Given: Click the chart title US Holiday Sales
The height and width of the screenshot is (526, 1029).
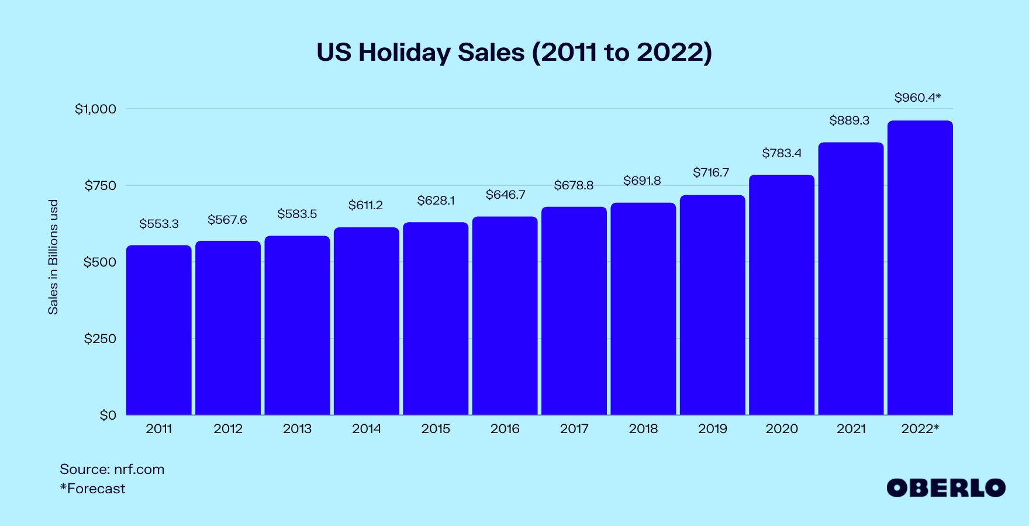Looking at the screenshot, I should click(514, 53).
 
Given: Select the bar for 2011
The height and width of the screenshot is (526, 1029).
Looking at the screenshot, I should click(159, 330).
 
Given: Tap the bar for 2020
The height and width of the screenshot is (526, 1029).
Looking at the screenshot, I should click(782, 295).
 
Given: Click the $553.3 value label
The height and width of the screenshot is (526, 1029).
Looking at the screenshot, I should click(159, 224).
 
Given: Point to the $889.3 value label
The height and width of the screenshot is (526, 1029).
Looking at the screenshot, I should click(849, 120).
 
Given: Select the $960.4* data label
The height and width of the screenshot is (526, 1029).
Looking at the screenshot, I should click(917, 98).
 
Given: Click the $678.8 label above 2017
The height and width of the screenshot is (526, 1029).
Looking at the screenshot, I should click(574, 185).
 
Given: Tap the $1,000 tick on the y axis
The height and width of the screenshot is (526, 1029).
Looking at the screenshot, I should click(96, 109).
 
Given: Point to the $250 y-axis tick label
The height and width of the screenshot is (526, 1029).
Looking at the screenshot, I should click(100, 338).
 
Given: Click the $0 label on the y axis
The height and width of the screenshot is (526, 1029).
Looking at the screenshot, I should click(108, 415).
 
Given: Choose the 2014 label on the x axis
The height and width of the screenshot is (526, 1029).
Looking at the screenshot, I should click(367, 429).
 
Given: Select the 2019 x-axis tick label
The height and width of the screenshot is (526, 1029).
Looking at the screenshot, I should click(713, 429).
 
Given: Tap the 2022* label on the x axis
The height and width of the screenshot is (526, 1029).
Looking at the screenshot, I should click(920, 429).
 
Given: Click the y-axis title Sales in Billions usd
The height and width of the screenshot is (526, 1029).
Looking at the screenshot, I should click(53, 257).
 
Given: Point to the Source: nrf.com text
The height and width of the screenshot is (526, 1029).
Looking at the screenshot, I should click(112, 469).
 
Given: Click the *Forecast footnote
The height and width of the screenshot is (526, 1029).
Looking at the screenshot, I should click(92, 489).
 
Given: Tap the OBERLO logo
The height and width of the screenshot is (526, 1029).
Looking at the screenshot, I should click(946, 488).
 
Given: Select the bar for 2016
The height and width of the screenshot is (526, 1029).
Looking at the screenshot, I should click(505, 316).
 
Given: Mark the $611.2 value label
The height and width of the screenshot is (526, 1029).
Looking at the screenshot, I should click(365, 205).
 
